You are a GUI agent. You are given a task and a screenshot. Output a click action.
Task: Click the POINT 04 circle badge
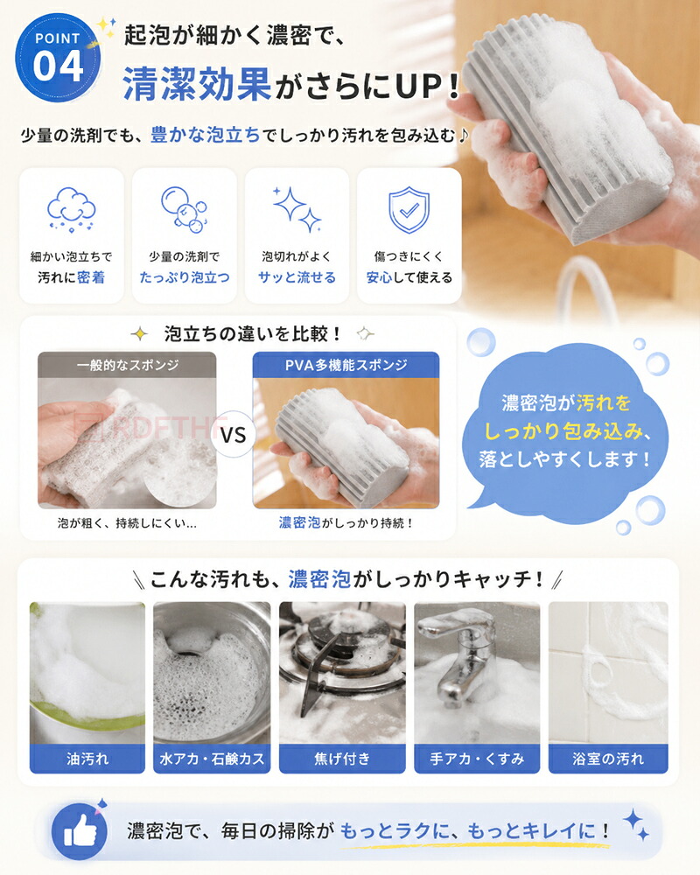pyautogui.click(x=58, y=58)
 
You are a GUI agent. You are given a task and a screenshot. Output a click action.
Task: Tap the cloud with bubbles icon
pyautogui.click(x=72, y=210)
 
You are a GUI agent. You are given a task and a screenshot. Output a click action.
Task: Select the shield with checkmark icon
pyautogui.click(x=409, y=209)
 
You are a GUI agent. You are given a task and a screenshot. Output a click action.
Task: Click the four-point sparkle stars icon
pyautogui.click(x=297, y=209)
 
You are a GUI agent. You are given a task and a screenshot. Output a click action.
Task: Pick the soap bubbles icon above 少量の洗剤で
pyautogui.click(x=185, y=209)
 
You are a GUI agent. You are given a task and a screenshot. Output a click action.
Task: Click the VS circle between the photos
pyautogui.click(x=234, y=434)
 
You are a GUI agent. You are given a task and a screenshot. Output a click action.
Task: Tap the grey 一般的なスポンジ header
pyautogui.click(x=127, y=365)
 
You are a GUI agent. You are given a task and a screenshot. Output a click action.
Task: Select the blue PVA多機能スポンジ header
pyautogui.click(x=346, y=365)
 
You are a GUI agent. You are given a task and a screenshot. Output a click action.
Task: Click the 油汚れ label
pyautogui.click(x=87, y=759)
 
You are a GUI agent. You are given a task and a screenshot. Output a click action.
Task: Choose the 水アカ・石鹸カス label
pyautogui.click(x=212, y=759)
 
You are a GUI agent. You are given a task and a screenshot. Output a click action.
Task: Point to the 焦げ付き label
pyautogui.click(x=342, y=759)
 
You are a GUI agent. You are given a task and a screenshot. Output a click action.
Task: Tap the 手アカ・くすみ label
pyautogui.click(x=477, y=759)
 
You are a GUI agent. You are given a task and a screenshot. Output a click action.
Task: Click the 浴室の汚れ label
pyautogui.click(x=608, y=759)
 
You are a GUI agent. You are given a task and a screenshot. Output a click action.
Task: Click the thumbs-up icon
pyautogui.click(x=79, y=831)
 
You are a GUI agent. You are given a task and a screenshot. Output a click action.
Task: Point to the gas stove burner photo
pyautogui.click(x=342, y=673)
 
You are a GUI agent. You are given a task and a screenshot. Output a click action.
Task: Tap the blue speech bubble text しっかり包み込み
pyautogui.click(x=568, y=430)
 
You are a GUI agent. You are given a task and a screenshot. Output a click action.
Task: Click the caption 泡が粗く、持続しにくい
pyautogui.click(x=127, y=523)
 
